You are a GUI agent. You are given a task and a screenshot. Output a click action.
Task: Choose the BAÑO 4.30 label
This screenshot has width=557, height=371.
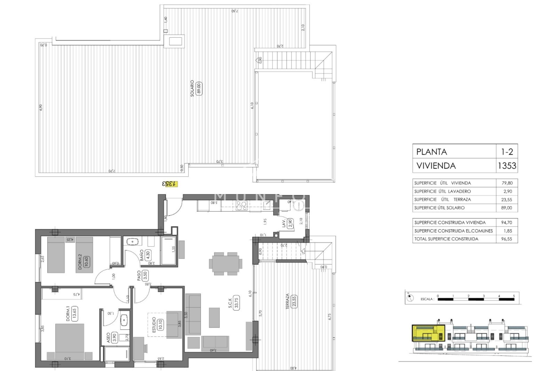click(147, 255)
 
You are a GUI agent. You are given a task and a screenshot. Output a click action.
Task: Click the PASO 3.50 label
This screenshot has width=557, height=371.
click(145, 275)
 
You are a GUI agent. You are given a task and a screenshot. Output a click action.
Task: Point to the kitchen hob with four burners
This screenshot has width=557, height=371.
click(241, 205)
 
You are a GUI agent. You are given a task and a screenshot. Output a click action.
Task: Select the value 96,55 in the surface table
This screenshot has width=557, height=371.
click(506, 239)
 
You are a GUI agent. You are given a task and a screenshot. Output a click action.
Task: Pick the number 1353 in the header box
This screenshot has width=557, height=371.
click(507, 166)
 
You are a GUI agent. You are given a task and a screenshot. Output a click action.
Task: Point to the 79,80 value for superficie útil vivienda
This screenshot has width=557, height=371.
click(506, 183)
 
